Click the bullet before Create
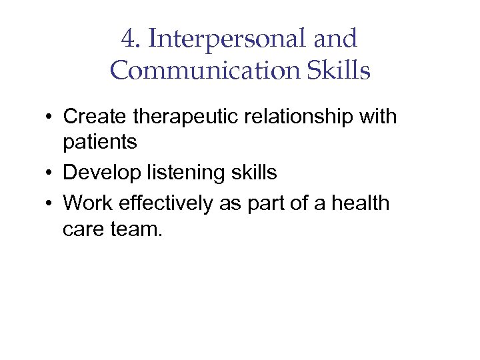[50, 117]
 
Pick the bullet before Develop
[50, 173]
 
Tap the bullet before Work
[50, 203]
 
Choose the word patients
[99, 142]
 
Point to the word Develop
[101, 173]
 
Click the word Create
[95, 117]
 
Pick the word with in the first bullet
[377, 117]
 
